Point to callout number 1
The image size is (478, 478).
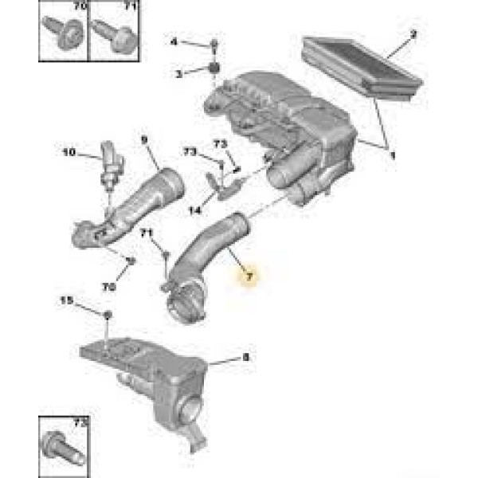pyautogui.click(x=390, y=157)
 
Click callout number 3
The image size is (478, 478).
pyautogui.click(x=179, y=73)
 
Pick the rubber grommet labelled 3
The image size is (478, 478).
pyautogui.click(x=214, y=71)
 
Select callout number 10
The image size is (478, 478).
pyautogui.click(x=69, y=151)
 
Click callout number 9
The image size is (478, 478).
pyautogui.click(x=145, y=139)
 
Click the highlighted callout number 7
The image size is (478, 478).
pyautogui.click(x=249, y=276)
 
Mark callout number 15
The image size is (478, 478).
pyautogui.click(x=67, y=300)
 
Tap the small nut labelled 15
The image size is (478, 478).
pyautogui.click(x=108, y=315)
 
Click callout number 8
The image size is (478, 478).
pyautogui.click(x=245, y=358)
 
